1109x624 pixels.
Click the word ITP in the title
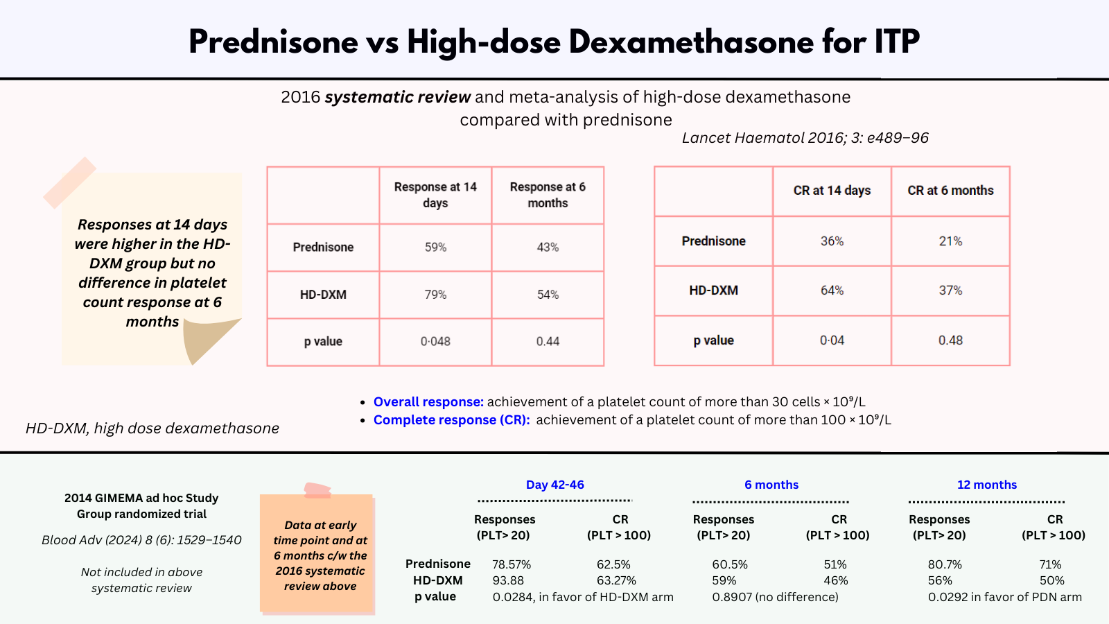tap(897, 42)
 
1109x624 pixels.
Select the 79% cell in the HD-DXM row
tap(435, 295)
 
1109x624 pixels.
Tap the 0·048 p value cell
tap(435, 341)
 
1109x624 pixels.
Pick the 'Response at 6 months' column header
tap(548, 195)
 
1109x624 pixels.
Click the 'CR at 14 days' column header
tap(832, 191)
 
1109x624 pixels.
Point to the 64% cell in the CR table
tap(832, 291)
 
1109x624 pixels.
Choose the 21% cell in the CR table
tap(950, 241)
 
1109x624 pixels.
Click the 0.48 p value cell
tap(950, 340)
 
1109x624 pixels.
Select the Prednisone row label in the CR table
tap(713, 241)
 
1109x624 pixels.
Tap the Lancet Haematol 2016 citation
tap(805, 138)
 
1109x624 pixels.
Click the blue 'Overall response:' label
tap(428, 402)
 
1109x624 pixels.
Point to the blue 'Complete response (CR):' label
tap(451, 420)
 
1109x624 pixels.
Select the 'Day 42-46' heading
tap(554, 485)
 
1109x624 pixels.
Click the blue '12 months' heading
tap(986, 485)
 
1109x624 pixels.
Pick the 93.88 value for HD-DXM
tap(508, 580)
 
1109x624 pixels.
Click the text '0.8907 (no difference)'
tap(775, 597)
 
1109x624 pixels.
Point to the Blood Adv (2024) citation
tap(141, 540)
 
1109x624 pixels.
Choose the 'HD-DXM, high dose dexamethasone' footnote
tap(152, 428)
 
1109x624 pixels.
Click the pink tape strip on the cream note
tap(69, 182)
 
